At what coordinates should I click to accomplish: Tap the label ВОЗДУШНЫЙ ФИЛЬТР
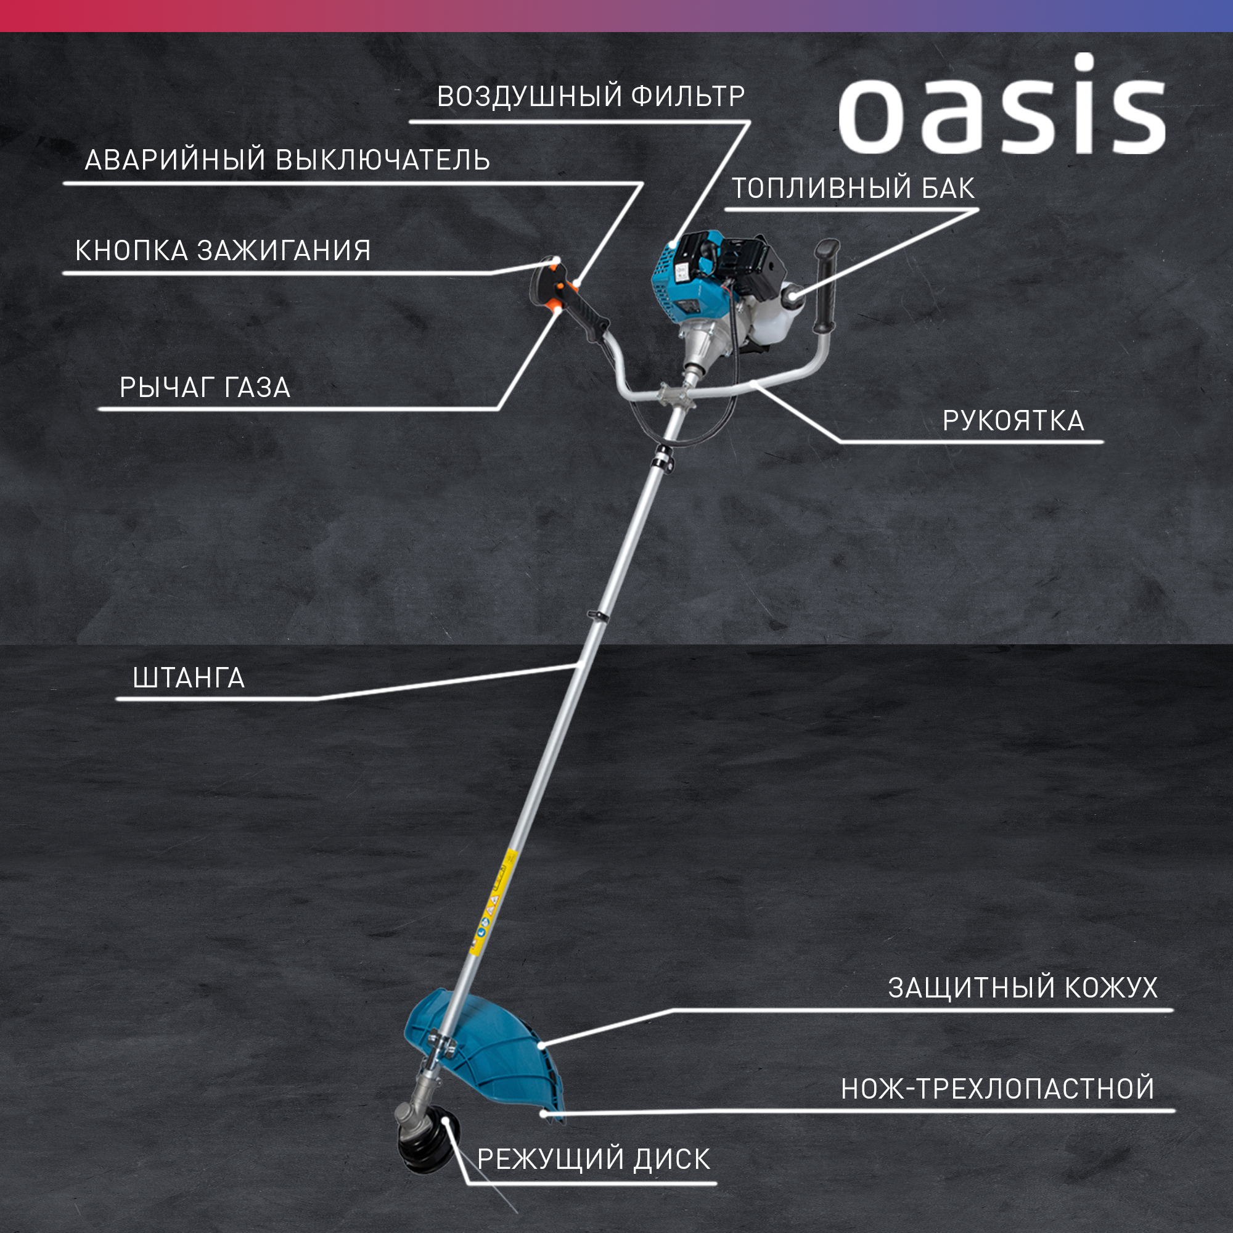point(591,96)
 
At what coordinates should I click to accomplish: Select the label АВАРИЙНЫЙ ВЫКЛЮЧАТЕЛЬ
point(287,160)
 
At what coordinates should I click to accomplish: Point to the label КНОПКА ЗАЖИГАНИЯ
point(223,250)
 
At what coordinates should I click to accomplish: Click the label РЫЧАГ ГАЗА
point(205,387)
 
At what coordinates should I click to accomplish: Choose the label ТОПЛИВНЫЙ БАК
point(853,187)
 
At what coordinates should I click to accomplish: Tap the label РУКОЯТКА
point(1014,420)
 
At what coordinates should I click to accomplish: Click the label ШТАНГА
point(189,678)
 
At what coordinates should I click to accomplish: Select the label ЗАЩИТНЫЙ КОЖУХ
point(1022,987)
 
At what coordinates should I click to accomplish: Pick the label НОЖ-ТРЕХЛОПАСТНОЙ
point(997,1088)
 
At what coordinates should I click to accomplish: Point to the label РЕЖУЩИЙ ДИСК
point(594,1159)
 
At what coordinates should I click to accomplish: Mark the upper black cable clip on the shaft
point(664,459)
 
